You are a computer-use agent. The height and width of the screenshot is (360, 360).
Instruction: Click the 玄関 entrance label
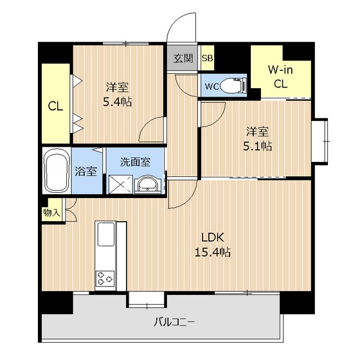[183, 59]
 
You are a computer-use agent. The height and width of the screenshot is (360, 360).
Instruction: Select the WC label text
[212, 85]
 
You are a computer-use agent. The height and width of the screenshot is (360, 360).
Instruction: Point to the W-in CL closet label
[280, 75]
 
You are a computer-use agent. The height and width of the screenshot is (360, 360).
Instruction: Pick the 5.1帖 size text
[256, 146]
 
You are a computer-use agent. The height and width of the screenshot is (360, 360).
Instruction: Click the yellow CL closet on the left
[55, 106]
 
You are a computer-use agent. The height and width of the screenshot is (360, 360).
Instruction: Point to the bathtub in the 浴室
[57, 171]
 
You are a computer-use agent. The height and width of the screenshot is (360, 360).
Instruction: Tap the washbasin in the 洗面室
[147, 184]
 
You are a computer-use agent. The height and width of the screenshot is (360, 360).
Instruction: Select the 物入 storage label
[52, 212]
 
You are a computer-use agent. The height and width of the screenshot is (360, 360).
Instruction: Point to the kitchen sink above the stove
[105, 235]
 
